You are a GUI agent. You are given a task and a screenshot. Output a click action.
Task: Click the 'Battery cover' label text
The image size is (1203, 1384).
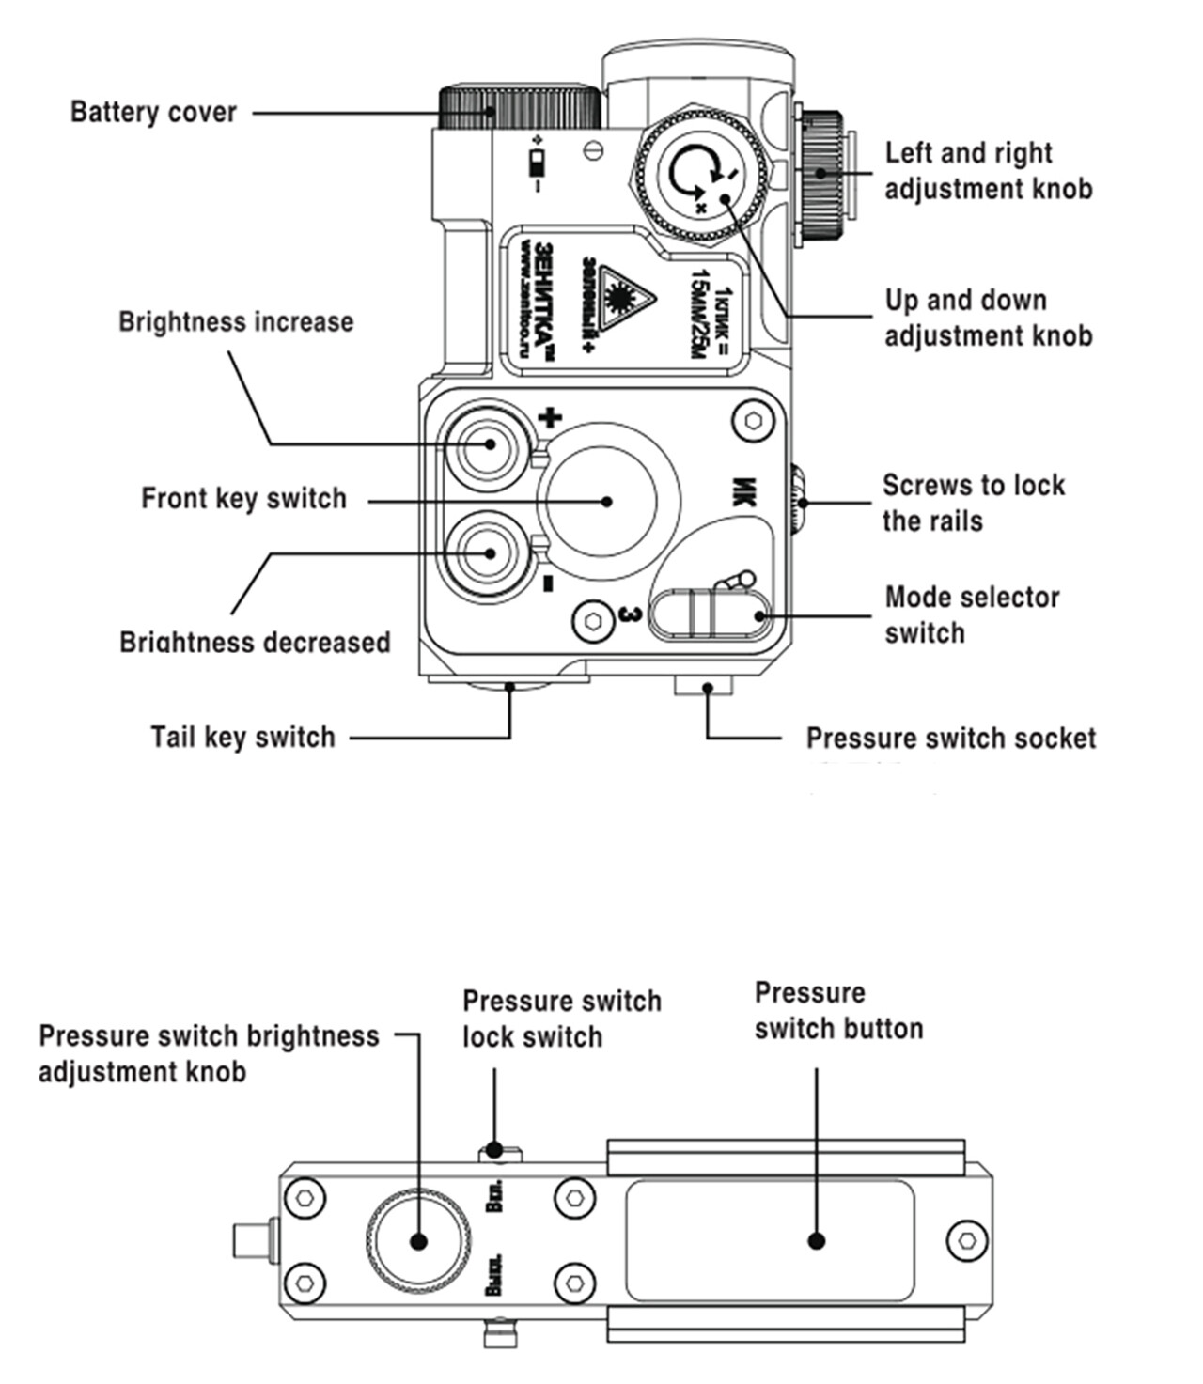click(153, 112)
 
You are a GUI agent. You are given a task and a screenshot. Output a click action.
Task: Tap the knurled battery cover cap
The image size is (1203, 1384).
click(518, 107)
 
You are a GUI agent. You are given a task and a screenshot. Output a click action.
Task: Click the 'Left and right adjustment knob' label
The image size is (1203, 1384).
click(988, 170)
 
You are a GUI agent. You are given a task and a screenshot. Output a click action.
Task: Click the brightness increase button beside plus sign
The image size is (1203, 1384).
click(488, 444)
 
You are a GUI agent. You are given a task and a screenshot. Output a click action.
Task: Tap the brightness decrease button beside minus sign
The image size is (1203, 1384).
click(488, 553)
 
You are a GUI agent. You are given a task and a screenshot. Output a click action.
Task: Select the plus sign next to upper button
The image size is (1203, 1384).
click(549, 417)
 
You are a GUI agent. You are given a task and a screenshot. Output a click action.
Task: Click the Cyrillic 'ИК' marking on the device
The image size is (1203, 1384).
click(742, 492)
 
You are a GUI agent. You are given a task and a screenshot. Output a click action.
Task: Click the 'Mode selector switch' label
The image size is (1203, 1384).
click(972, 614)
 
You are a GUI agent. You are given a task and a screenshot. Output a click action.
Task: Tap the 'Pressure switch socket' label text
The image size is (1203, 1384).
click(950, 739)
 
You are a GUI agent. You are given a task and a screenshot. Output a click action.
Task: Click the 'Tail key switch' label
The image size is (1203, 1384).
click(242, 737)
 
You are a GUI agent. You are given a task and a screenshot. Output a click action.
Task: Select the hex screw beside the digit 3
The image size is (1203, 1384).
click(593, 621)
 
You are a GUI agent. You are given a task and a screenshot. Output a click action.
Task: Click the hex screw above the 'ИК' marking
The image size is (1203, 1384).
click(753, 421)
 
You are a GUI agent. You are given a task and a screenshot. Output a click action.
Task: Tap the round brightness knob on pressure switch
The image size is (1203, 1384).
click(417, 1240)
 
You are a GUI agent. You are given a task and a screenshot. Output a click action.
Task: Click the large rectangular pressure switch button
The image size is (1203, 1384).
click(770, 1240)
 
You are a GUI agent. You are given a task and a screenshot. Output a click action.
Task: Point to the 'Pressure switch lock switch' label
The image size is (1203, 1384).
click(561, 1019)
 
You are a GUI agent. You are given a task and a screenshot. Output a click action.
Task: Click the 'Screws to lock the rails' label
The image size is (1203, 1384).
click(973, 503)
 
